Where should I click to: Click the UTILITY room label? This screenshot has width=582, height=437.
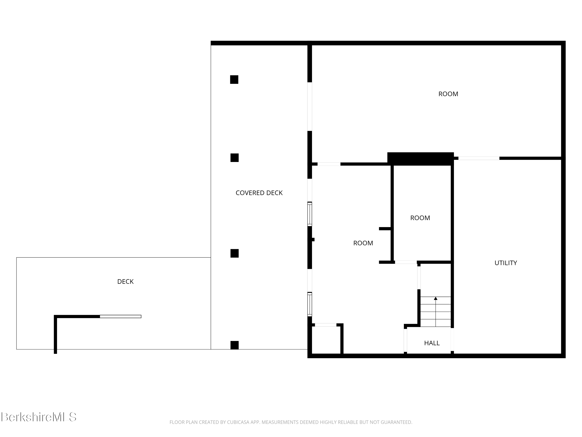click(505, 263)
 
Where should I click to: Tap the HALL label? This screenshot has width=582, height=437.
click(432, 343)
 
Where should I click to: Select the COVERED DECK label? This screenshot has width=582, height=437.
click(259, 193)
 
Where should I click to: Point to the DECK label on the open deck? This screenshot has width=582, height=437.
click(125, 282)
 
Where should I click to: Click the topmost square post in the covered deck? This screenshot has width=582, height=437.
click(234, 80)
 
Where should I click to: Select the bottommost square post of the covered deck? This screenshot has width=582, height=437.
click(234, 345)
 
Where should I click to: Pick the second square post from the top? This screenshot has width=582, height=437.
click(234, 158)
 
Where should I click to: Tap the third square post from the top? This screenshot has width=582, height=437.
click(234, 253)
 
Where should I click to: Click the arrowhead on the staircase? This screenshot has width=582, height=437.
click(436, 299)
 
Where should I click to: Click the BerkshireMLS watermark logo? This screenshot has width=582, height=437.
click(39, 417)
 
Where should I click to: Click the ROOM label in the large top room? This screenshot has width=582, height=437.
click(448, 94)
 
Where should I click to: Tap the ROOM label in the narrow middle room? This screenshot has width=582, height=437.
click(420, 218)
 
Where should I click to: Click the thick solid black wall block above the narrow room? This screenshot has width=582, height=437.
click(420, 159)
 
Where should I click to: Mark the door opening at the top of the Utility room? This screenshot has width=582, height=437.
click(479, 158)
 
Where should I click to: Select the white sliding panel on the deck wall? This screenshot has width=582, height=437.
click(120, 317)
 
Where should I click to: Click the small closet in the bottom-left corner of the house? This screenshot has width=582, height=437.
click(326, 340)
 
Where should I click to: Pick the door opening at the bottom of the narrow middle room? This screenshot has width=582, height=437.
click(406, 262)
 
